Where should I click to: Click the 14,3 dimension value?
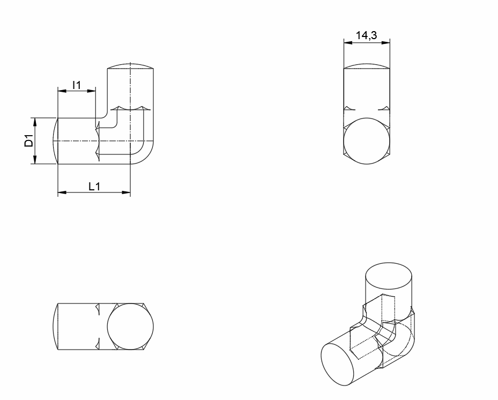pyautogui.click(x=366, y=35)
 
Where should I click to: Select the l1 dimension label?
pyautogui.click(x=77, y=85)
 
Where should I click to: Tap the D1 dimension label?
pyautogui.click(x=29, y=140)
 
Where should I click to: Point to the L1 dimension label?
pyautogui.click(x=94, y=187)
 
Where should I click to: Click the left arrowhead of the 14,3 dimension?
pyautogui.click(x=348, y=42)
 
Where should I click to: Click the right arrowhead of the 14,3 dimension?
pyautogui.click(x=385, y=42)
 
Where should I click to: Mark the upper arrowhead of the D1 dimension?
pyautogui.click(x=35, y=122)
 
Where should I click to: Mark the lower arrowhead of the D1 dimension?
pyautogui.click(x=35, y=159)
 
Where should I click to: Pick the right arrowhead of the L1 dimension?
pyautogui.click(x=126, y=192)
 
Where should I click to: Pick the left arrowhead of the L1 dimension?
pyautogui.click(x=62, y=192)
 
